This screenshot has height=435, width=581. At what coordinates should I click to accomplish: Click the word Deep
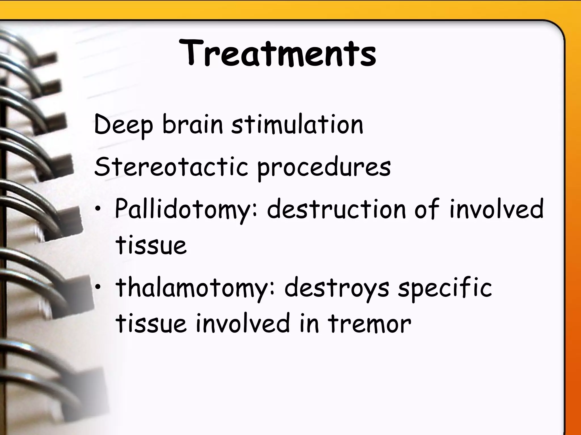pos(123,125)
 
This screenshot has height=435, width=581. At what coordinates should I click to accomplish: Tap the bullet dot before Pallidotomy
pos(98,209)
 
